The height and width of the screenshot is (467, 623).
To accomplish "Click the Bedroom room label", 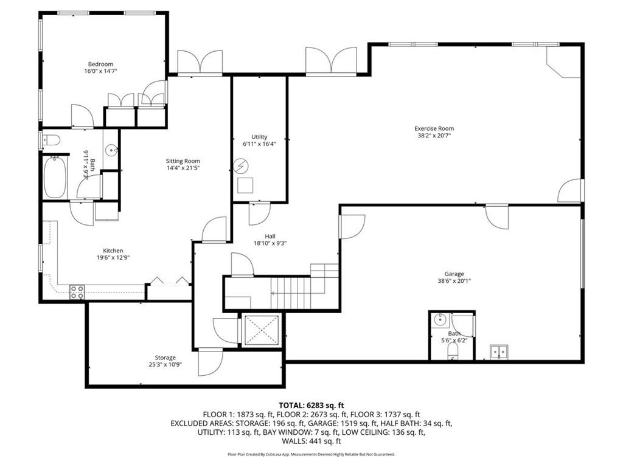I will point(100,64).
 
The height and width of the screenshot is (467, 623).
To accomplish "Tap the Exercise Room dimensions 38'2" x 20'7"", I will point(434,136).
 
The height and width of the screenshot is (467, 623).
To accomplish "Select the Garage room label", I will point(454,274).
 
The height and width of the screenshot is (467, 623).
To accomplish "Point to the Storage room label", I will point(165,358).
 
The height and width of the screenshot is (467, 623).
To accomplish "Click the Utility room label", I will point(259,137).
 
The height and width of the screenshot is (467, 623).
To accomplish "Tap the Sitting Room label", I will point(183,161).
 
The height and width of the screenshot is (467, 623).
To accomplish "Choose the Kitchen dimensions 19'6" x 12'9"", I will point(113,257).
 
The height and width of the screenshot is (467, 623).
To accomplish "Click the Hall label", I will point(270,236).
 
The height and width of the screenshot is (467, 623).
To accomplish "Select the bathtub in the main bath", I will point(55,176).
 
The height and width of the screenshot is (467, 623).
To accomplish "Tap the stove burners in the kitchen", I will point(77,292).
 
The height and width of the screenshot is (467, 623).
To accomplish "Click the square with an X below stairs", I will point(260,330).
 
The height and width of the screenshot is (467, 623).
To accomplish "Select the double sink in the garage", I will point(500,351).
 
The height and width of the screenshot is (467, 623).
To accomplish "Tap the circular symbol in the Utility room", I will point(242,165).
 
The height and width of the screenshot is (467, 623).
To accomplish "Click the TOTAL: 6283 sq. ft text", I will point(311,404).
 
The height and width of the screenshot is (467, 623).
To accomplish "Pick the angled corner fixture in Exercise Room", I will point(562,64).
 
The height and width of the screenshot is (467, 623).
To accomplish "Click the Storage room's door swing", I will point(212,362).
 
